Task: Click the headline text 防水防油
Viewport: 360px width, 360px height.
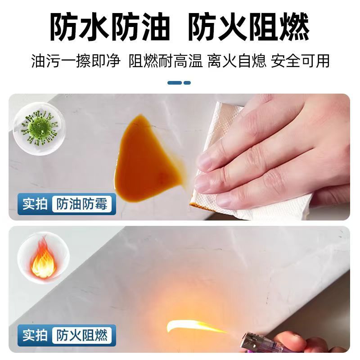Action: (x=110, y=27)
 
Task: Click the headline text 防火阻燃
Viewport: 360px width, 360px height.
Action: (x=249, y=27)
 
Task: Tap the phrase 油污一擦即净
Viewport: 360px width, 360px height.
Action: (x=76, y=61)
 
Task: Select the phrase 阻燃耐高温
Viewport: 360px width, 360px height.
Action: (x=166, y=61)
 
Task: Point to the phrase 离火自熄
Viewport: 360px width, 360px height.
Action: (x=237, y=61)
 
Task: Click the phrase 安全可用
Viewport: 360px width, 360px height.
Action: (x=300, y=61)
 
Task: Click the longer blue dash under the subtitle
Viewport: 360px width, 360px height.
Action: (x=175, y=83)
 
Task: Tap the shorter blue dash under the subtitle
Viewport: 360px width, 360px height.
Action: (x=187, y=83)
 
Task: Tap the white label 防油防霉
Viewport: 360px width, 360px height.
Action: (x=82, y=204)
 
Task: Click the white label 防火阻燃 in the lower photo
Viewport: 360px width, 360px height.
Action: (x=82, y=335)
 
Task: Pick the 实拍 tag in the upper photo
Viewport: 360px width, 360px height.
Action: (x=35, y=204)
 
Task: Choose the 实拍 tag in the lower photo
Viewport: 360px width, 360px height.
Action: (x=35, y=335)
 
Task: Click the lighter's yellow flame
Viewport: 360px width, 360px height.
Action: (x=195, y=326)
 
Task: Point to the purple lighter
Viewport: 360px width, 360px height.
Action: (x=255, y=343)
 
